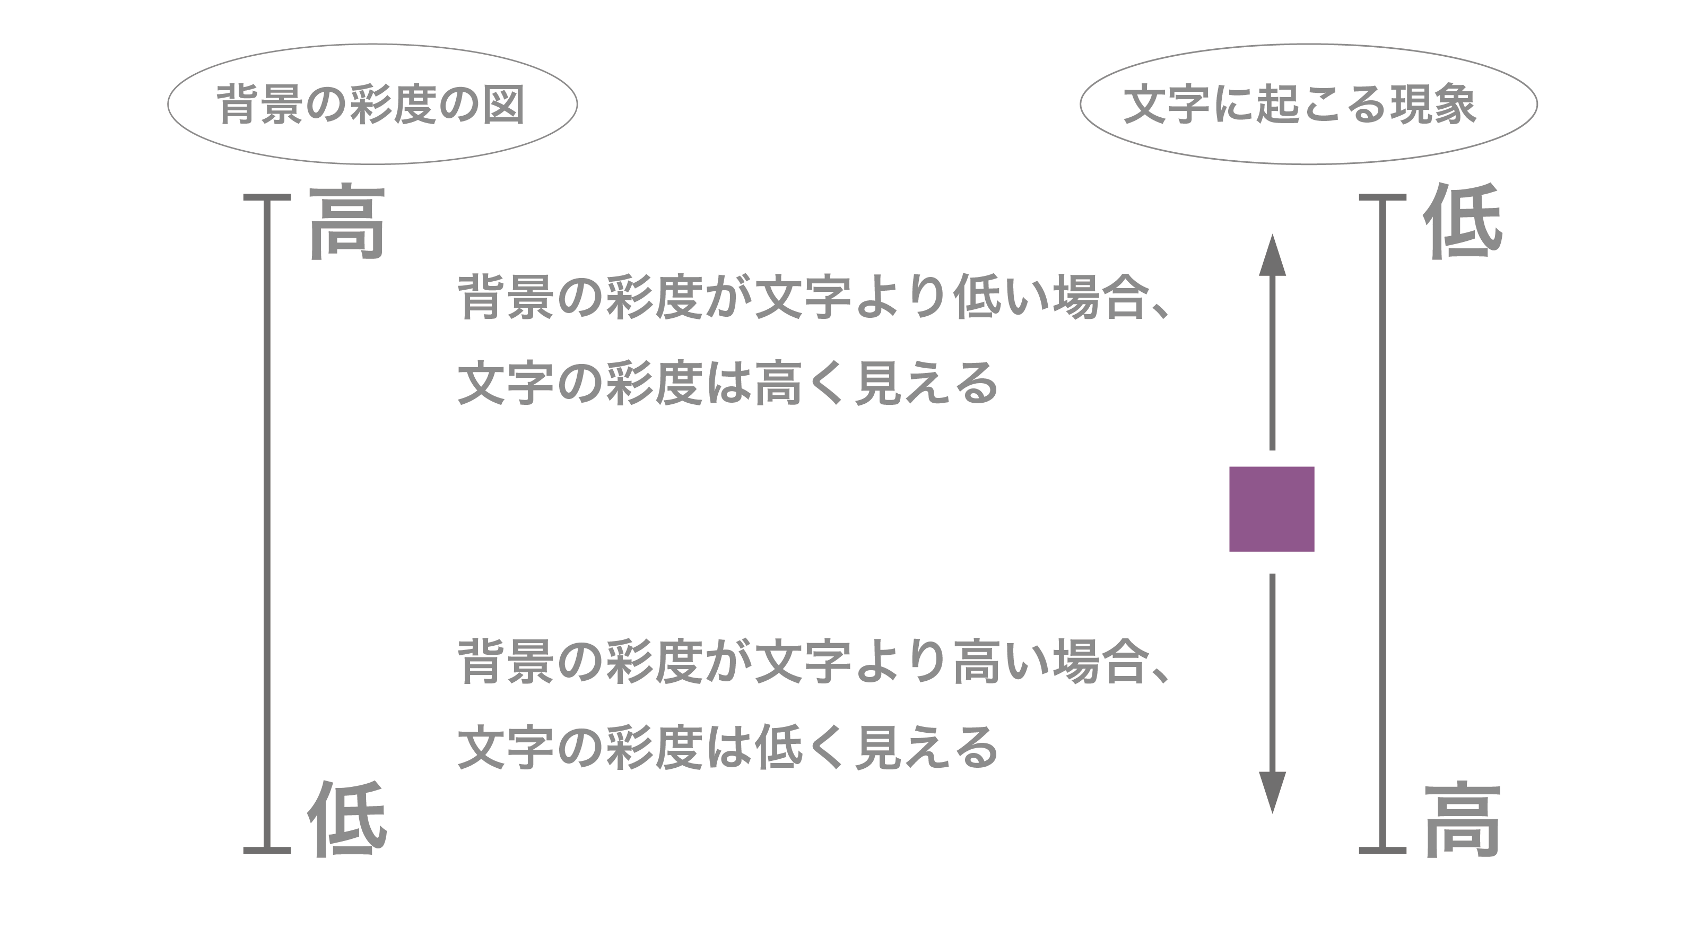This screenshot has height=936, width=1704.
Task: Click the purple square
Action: (1272, 509)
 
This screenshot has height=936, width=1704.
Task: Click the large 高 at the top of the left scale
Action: (346, 222)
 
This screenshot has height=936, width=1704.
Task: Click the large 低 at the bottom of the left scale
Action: (346, 819)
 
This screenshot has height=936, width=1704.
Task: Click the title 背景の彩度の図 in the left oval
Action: (371, 105)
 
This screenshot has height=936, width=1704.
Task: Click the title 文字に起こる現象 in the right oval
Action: (1299, 105)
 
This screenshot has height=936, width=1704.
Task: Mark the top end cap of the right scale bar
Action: (1383, 197)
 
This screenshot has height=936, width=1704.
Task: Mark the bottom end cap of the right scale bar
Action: (1383, 850)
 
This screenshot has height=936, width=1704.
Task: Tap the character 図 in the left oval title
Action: (504, 105)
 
